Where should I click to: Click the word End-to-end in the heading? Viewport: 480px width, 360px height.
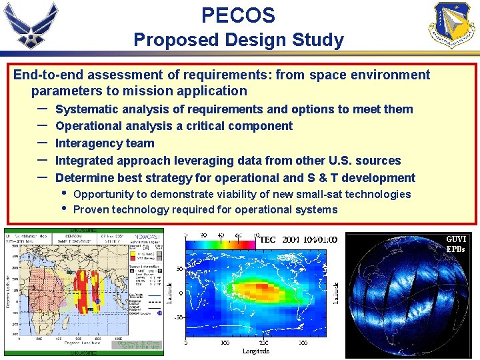pos(46,75)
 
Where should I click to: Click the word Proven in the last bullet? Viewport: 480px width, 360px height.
pos(91,209)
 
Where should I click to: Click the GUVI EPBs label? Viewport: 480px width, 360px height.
pos(455,244)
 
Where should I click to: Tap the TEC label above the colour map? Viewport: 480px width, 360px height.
pos(267,239)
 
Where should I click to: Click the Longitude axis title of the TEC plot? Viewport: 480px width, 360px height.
pos(256,351)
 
